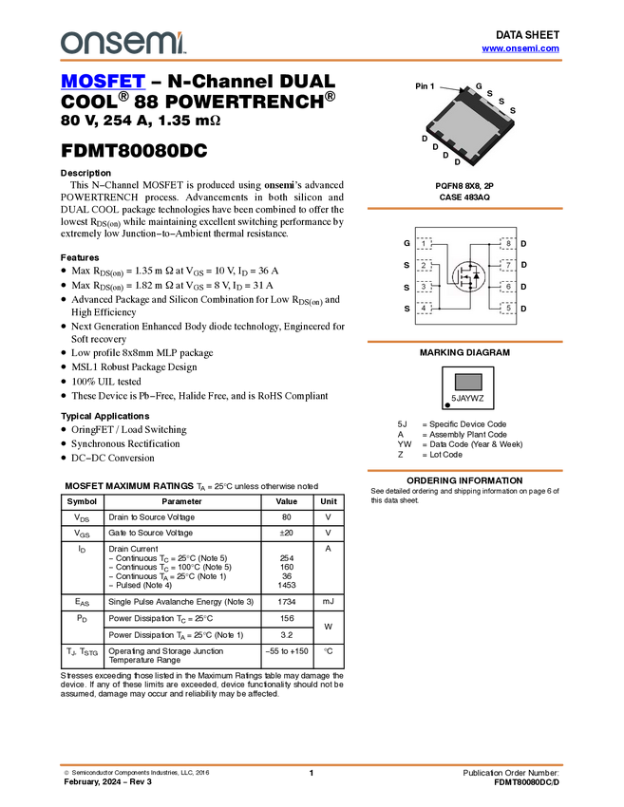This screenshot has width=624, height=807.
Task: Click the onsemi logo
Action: click(x=123, y=43)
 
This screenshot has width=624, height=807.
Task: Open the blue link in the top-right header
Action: click(x=520, y=47)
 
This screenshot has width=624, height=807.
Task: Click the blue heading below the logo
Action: click(x=103, y=84)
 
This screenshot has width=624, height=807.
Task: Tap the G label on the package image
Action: click(x=479, y=86)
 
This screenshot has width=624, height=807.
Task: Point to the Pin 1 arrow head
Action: click(x=464, y=92)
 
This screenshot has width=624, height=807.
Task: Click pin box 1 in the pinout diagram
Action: click(x=425, y=244)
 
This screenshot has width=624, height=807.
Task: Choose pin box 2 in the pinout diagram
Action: click(x=425, y=265)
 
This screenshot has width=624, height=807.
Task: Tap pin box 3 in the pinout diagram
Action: click(x=425, y=287)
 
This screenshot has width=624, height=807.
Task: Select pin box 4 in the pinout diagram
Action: click(x=425, y=308)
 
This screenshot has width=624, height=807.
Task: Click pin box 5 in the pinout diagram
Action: click(x=508, y=308)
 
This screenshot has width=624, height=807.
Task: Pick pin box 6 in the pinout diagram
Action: click(x=508, y=287)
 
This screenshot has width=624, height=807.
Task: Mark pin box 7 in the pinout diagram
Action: click(x=508, y=265)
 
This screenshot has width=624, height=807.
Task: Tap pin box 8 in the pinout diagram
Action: click(x=508, y=244)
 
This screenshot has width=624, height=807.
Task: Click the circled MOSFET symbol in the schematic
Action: click(x=466, y=276)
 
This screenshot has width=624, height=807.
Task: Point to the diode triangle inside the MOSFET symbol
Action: click(x=476, y=275)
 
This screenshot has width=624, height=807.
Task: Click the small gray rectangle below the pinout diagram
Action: click(x=467, y=382)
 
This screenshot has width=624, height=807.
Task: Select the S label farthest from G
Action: click(x=512, y=111)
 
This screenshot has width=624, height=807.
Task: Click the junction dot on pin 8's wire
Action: click(x=488, y=244)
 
